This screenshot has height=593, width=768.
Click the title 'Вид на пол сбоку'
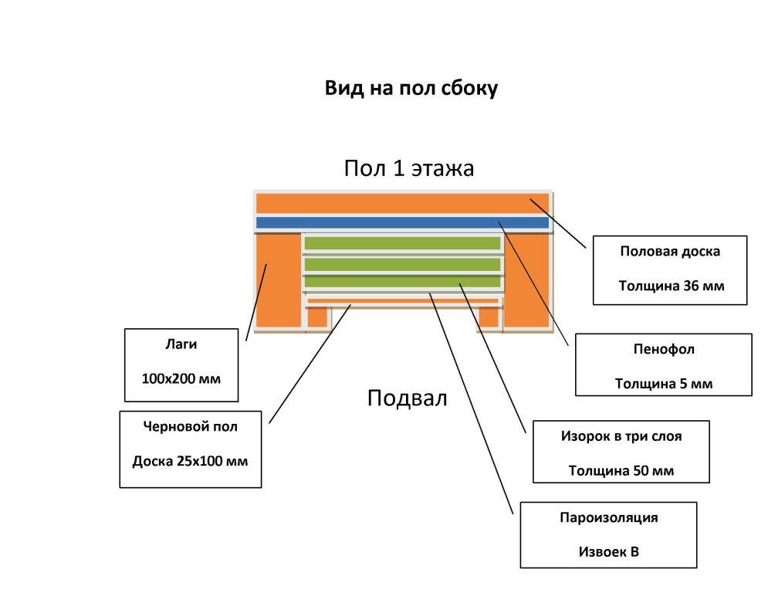tap(411, 89)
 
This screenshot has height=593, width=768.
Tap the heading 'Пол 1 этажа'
tap(408, 168)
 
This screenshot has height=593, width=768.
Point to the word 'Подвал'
tap(407, 398)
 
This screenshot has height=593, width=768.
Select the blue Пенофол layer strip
tap(401, 223)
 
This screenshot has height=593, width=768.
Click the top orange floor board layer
tap(401, 203)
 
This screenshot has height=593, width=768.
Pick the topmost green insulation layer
tap(402, 244)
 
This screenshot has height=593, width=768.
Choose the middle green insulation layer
tap(402, 264)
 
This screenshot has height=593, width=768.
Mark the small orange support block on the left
tap(317, 317)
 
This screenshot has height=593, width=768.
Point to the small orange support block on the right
tap(489, 317)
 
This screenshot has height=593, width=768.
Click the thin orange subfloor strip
tap(402, 300)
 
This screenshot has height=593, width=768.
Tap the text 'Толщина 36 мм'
tap(671, 286)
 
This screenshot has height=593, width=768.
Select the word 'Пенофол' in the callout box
tap(663, 349)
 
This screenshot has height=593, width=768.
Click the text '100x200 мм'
tap(181, 379)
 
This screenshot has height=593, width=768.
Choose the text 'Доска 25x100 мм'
tap(190, 462)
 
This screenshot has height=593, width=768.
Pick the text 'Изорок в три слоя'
tap(621, 436)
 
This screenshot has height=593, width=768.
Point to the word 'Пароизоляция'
tap(608, 517)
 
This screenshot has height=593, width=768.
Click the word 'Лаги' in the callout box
tap(181, 344)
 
